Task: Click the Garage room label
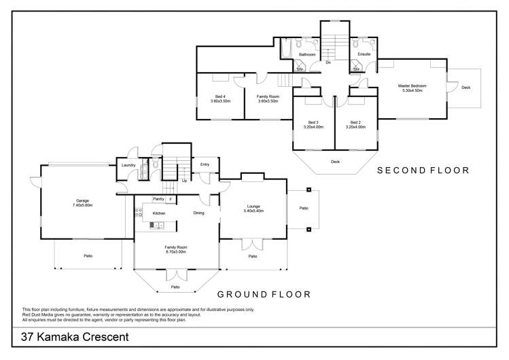pyautogui.click(x=83, y=200)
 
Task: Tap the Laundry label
pyautogui.click(x=128, y=165)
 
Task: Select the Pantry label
pyautogui.click(x=158, y=199)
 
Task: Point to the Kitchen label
pyautogui.click(x=159, y=213)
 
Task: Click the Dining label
pyautogui.click(x=198, y=213)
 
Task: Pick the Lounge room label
pyautogui.click(x=253, y=206)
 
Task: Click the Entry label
pyautogui.click(x=205, y=164)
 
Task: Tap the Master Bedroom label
pyautogui.click(x=413, y=86)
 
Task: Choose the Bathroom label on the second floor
pyautogui.click(x=307, y=53)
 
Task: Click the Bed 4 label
pyautogui.click(x=220, y=96)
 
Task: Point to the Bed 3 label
pyautogui.click(x=313, y=122)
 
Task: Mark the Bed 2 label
pyautogui.click(x=355, y=122)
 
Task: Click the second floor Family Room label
pyautogui.click(x=268, y=96)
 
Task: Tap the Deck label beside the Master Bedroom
pyautogui.click(x=466, y=88)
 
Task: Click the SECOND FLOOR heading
pyautogui.click(x=423, y=170)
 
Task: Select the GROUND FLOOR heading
pyautogui.click(x=264, y=294)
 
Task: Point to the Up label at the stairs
pyautogui.click(x=184, y=181)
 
